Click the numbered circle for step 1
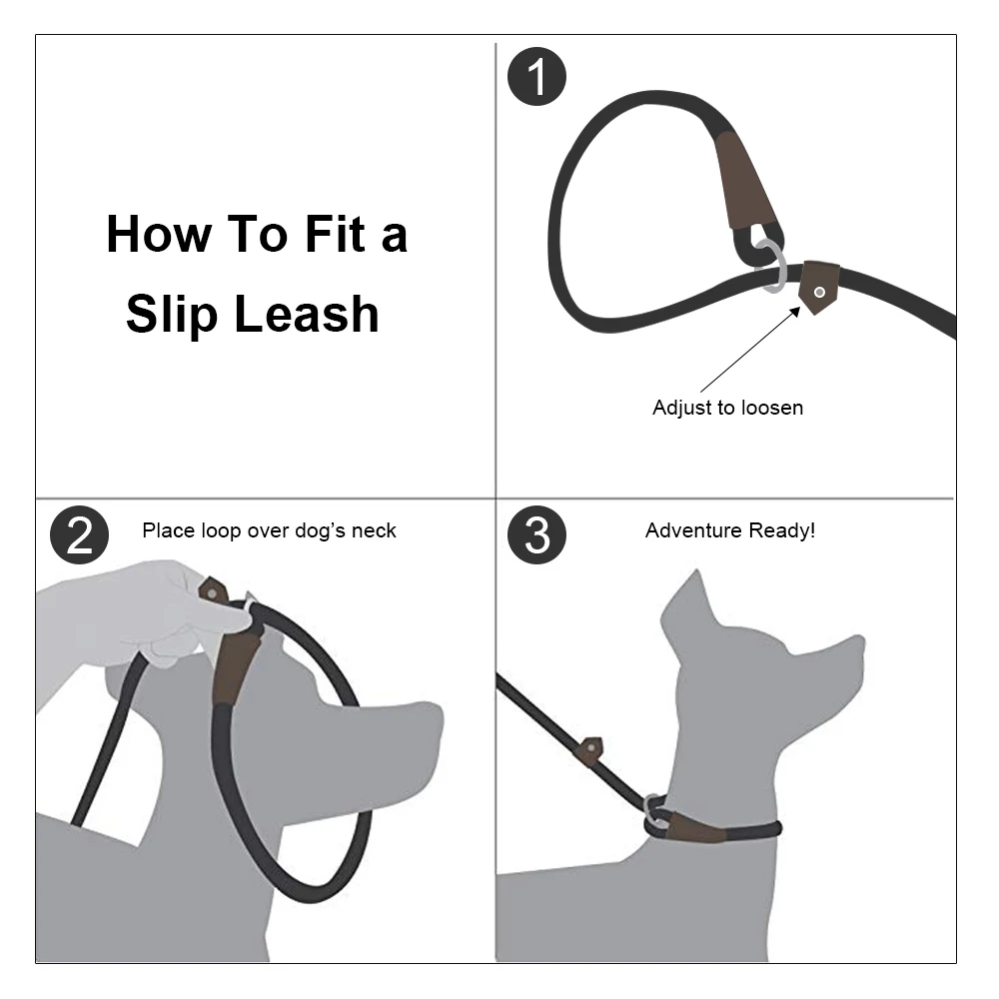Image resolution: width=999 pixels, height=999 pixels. tap(536, 77)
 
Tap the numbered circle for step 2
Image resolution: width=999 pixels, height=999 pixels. tap(79, 534)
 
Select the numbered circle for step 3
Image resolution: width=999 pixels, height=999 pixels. tap(536, 534)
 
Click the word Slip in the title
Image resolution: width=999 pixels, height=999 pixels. tap(172, 315)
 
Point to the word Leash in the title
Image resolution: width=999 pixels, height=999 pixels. tap(307, 314)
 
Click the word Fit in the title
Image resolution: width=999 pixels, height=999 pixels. tap(335, 234)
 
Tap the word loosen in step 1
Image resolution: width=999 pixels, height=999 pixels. tap(771, 408)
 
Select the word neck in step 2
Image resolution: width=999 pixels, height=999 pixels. tap(374, 530)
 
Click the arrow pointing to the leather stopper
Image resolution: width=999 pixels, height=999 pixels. tap(750, 349)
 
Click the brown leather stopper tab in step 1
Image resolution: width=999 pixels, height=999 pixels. tap(819, 287)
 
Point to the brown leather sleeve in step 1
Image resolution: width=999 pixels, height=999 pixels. tap(745, 182)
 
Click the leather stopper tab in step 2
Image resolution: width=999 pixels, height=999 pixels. tap(213, 591)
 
